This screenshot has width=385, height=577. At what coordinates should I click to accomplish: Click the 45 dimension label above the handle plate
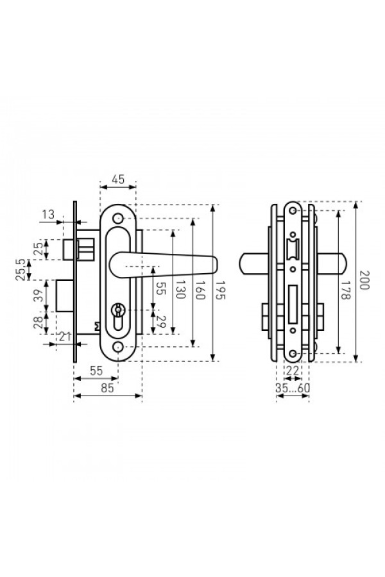pos(118,180)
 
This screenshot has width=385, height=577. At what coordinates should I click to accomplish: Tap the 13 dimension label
pos(48,214)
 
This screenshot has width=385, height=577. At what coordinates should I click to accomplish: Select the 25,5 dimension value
pos(21,269)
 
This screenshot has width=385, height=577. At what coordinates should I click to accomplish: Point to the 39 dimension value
pos(38,295)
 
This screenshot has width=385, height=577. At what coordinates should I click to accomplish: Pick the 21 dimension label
pos(65,337)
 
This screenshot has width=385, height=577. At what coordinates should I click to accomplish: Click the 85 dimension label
pos(107,389)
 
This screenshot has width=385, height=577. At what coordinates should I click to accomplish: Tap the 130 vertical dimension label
pos(180,289)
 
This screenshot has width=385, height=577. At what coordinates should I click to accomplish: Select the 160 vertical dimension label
pos(200,290)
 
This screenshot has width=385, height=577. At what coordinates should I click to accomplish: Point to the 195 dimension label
pos(219,290)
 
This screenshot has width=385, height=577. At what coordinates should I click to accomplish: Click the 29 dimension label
pos(160,322)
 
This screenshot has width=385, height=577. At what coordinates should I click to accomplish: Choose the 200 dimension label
pos(364,280)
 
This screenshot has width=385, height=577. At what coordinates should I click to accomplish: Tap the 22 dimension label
pos(292,371)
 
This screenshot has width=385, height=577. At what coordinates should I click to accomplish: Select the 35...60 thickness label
pos(293,389)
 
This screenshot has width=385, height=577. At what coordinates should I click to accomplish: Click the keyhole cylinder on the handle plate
pos(118,315)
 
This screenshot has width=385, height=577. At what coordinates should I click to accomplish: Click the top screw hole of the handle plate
pos(118,218)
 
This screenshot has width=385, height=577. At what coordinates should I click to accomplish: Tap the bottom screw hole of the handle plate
pos(118,347)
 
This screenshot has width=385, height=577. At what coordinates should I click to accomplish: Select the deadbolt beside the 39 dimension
pos(65,296)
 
